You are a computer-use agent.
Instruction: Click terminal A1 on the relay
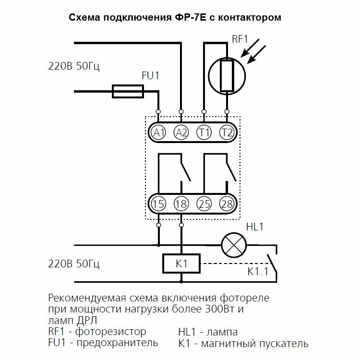coord(158,132)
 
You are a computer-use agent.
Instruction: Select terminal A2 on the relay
coord(181,132)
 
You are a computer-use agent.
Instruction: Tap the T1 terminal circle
coord(204,132)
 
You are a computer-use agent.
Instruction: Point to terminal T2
coord(226,132)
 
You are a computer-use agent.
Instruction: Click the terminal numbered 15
coord(158,204)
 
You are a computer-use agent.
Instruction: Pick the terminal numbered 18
coord(181,204)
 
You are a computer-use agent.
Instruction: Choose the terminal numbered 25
coord(204,204)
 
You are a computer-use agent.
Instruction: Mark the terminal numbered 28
coord(226,204)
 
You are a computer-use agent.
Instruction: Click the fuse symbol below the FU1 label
coord(128,91)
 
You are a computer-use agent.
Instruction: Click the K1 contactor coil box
coord(181,264)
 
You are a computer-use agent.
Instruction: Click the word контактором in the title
coord(246,18)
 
